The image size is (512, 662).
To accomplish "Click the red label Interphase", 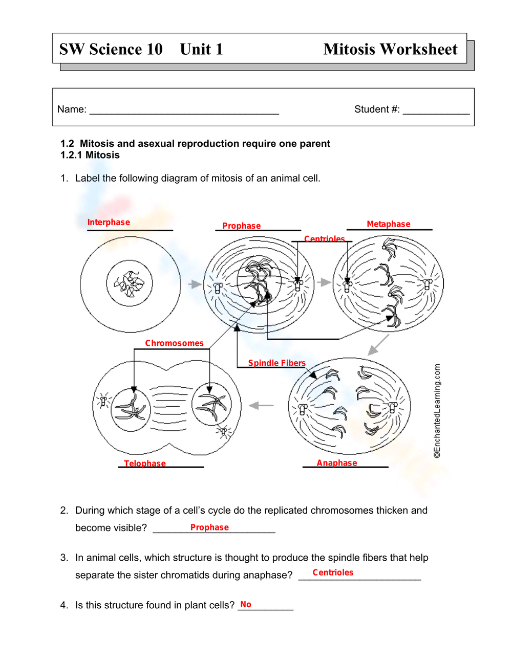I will tap(109, 222).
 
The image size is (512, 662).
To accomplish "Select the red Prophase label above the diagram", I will tap(241, 226).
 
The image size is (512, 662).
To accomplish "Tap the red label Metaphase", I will tap(388, 224).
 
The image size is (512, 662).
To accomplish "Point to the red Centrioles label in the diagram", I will tap(324, 239).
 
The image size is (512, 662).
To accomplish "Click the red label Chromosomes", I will tap(174, 343).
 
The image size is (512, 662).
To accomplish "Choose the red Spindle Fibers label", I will tap(276, 363).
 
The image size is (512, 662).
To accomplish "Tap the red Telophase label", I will tap(145, 464).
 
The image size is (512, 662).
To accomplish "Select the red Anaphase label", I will tap(336, 463).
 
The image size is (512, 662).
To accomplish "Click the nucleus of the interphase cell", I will tap(130, 283).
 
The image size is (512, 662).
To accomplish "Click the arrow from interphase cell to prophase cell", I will tap(195, 284).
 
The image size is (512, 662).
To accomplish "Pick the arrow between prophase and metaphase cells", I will tap(324, 282).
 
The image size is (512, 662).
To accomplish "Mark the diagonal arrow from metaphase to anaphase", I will tap(378, 345).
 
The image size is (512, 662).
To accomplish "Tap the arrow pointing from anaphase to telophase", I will tap(261, 406).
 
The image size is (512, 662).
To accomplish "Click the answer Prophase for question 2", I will tap(209, 527).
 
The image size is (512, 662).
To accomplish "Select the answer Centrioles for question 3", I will tap(333, 572).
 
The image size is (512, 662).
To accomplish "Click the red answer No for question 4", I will tap(246, 605).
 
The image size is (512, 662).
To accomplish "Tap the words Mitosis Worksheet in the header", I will tap(390, 49).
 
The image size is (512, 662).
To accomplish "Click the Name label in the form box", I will tap(72, 109).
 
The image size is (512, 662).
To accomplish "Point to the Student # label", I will tap(377, 109).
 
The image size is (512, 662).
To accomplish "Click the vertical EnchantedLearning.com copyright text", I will tap(437, 411).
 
